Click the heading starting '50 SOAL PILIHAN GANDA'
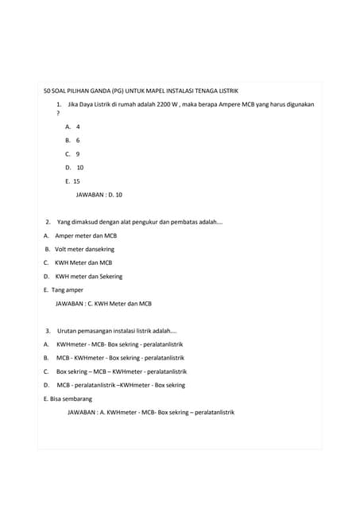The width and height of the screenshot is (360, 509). click(x=141, y=91)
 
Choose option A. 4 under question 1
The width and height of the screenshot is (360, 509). click(x=73, y=126)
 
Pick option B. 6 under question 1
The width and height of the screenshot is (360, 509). click(x=73, y=140)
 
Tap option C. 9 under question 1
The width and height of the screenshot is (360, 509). click(x=73, y=153)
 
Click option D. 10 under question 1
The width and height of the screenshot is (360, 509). click(x=75, y=167)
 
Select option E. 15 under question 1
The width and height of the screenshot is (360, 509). click(x=73, y=181)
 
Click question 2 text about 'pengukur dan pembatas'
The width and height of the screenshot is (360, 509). click(x=139, y=222)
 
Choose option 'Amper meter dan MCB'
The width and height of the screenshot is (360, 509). click(x=85, y=235)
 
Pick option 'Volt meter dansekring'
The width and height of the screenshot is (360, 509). click(x=85, y=249)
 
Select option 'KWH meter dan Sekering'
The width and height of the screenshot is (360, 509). click(x=88, y=276)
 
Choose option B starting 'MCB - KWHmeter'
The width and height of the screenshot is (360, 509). click(x=119, y=358)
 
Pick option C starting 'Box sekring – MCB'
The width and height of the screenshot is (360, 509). click(x=121, y=371)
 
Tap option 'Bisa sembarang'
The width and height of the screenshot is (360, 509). click(x=68, y=398)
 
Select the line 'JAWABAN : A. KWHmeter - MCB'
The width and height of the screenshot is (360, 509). click(x=151, y=412)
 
